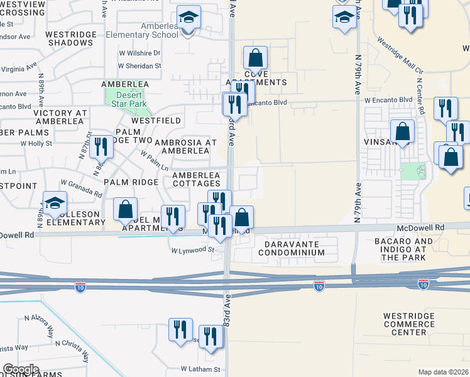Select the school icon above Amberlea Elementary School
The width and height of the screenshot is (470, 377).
coord(188,18)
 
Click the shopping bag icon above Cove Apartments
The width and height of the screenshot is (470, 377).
coord(255,58)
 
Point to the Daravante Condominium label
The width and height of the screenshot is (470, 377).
coord(295,248)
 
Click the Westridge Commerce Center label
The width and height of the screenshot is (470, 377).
coord(408,324)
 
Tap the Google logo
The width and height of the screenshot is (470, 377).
coord(21,369)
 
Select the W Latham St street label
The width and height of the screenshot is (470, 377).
coord(200,369)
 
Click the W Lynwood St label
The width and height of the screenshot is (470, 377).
coord(194,250)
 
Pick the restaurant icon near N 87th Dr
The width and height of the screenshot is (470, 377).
coord(101,146)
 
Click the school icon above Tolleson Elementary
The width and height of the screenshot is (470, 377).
coord(55,203)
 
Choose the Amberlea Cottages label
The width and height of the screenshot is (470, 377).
coord(196,179)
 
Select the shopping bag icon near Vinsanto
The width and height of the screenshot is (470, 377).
coord(403,132)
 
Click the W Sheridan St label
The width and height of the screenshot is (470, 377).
coord(140,65)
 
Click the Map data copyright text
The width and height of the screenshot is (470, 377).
coord(444,372)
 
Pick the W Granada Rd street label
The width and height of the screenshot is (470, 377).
coord(82,188)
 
